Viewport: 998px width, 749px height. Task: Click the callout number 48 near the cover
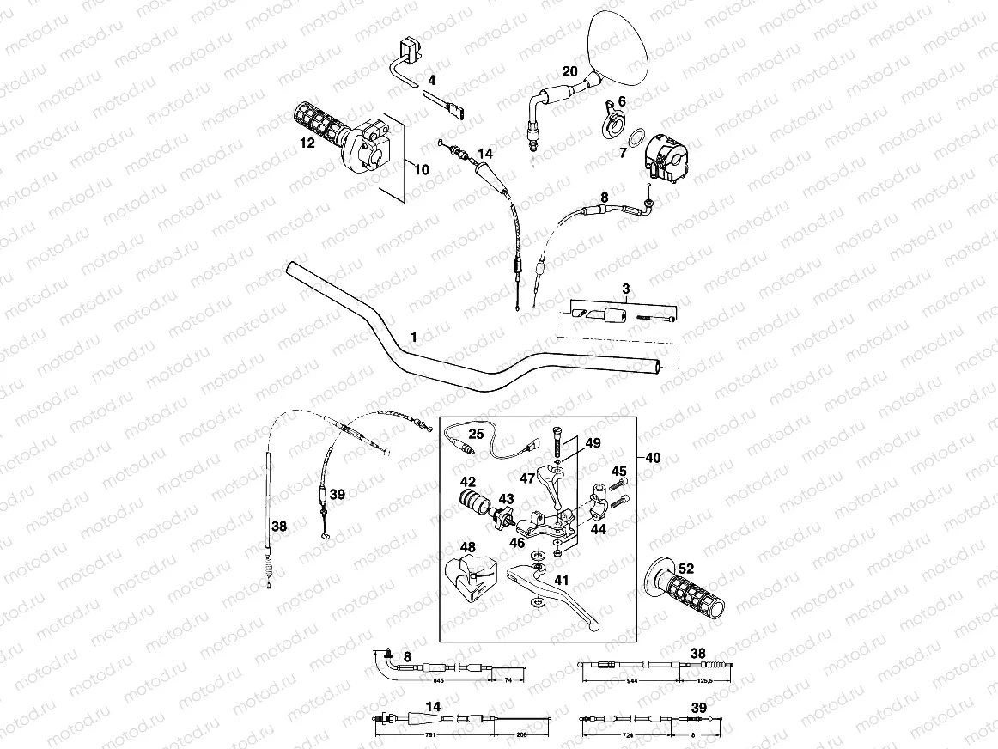(467, 548)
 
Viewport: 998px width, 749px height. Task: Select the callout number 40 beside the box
(653, 458)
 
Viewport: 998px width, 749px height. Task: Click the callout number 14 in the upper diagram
(484, 154)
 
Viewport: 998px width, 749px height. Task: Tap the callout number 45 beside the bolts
(618, 470)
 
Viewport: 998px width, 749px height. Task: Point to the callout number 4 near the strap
(432, 80)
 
